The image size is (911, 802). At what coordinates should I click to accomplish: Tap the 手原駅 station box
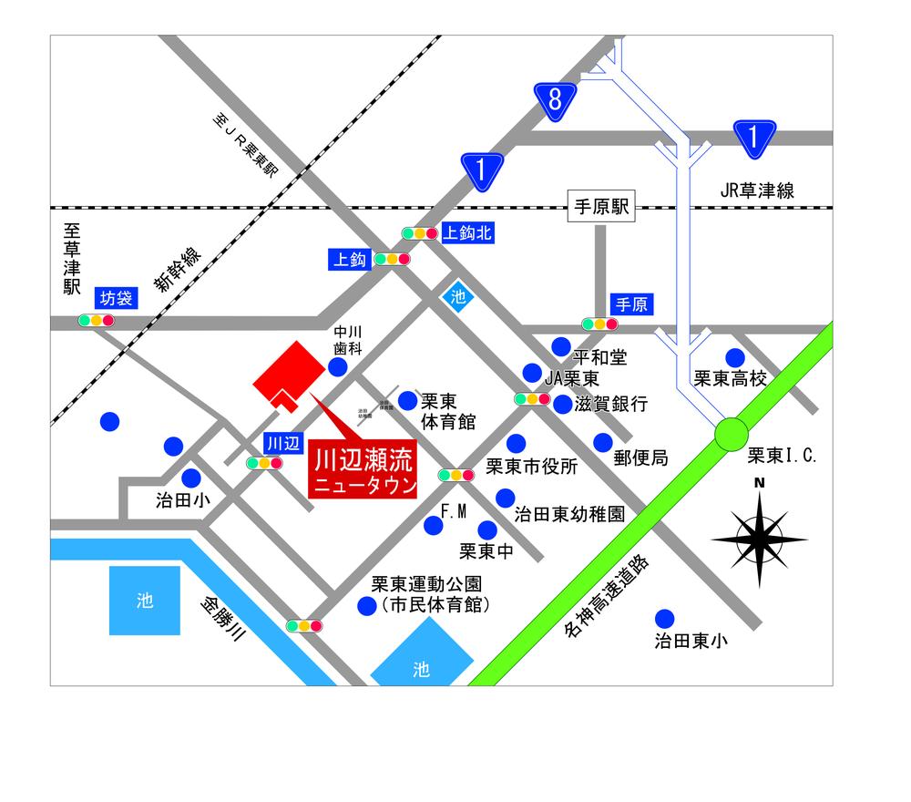click(600, 207)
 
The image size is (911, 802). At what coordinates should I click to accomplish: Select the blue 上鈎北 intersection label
click(466, 233)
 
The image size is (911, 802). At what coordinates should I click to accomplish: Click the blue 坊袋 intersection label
click(117, 298)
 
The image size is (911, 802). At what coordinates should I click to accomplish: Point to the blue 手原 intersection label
click(631, 304)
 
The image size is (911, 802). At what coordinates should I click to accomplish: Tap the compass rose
click(759, 539)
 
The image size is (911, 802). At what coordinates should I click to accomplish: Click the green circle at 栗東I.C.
click(731, 435)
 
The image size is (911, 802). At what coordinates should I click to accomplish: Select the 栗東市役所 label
click(531, 467)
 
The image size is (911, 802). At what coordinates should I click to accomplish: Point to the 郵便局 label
click(640, 458)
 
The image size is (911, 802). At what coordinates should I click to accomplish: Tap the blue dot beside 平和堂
click(561, 346)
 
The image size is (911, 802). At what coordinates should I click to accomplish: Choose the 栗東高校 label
click(730, 378)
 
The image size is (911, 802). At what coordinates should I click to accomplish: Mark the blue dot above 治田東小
click(665, 617)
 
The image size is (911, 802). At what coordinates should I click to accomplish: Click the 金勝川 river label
click(222, 622)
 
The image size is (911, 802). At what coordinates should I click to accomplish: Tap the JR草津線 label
click(757, 190)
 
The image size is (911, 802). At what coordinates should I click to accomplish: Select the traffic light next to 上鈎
click(392, 259)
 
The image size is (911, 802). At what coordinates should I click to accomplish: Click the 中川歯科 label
click(348, 339)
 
